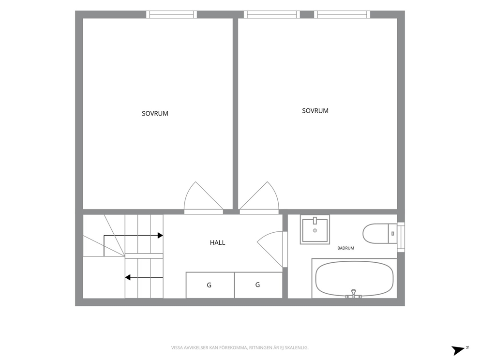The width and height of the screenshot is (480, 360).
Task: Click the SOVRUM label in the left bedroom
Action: point(155,114)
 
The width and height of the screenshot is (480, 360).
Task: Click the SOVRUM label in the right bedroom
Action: point(315,111)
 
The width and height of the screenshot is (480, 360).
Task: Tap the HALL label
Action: point(217,243)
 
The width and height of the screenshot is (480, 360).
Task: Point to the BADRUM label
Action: point(345,248)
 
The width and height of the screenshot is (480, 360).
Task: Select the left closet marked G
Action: point(210,285)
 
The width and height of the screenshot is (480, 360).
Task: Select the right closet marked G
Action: point(258,285)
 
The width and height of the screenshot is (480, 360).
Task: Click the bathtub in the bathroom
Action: point(354,279)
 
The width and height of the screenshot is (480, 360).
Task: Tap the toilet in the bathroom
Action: point(379,234)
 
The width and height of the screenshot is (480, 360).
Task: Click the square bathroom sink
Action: point(315,229)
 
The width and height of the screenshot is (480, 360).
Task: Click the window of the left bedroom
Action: point(171,15)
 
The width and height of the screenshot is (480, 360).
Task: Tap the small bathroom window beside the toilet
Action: point(401,237)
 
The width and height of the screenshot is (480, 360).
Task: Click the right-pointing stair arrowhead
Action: point(160,236)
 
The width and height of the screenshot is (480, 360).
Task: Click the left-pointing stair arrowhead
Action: point(128,277)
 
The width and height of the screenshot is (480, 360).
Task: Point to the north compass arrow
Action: point(459,350)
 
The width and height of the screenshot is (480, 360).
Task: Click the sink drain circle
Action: point(315,230)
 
